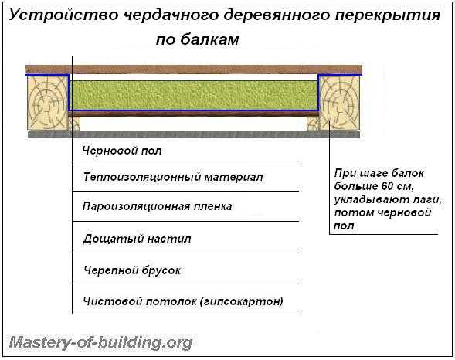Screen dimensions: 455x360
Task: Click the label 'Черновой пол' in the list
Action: pos(122,151)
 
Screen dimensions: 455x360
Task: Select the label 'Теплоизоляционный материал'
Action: pos(173,177)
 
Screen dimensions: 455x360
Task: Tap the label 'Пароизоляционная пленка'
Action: pos(157,207)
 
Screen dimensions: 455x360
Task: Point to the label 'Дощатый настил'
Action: pos(137,239)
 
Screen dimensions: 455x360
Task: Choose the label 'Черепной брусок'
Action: pos(132,270)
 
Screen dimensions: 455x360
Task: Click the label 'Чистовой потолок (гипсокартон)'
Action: pos(183,301)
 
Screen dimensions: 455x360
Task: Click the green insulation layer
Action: pos(194,95)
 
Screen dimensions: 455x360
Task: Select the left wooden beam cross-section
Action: pos(48,103)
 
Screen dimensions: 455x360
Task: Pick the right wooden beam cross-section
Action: pos(339,103)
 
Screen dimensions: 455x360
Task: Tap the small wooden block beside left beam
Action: pos(74,123)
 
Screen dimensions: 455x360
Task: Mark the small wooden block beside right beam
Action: pos(313,123)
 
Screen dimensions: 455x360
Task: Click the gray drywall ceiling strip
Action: pos(194,134)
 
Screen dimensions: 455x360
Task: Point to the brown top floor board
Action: pos(194,70)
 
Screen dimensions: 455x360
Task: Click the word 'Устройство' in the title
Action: pos(64,15)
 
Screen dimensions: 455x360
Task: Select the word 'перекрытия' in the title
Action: pos(388,15)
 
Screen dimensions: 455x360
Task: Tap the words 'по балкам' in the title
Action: pos(198,39)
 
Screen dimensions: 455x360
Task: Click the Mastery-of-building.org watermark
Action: pos(100,343)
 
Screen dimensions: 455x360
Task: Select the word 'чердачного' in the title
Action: pos(171,15)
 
